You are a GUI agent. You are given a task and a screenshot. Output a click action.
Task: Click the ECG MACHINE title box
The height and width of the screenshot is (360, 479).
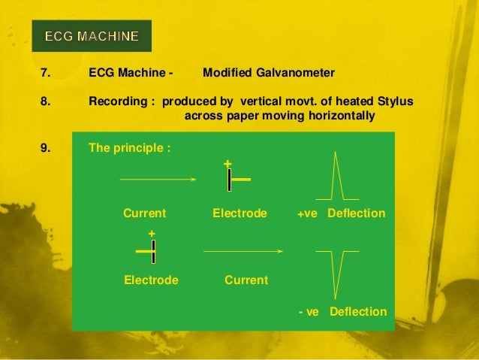pyautogui.click(x=92, y=36)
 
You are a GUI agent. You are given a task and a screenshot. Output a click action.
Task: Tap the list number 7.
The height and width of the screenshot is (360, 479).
pyautogui.click(x=45, y=73)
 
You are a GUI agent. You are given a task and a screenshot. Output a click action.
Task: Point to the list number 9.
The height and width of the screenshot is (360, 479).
pyautogui.click(x=45, y=147)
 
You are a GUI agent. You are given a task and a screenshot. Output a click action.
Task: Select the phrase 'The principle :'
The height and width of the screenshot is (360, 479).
pyautogui.click(x=130, y=147)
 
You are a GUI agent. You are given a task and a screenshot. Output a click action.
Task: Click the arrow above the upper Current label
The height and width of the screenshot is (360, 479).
pyautogui.click(x=158, y=180)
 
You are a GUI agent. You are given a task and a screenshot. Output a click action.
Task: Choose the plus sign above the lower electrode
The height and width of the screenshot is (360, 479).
pyautogui.click(x=152, y=234)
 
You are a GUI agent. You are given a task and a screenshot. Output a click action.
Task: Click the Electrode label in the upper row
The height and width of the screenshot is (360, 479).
pyautogui.click(x=239, y=213)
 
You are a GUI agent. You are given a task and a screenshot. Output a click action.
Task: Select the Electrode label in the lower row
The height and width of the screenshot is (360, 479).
pyautogui.click(x=151, y=280)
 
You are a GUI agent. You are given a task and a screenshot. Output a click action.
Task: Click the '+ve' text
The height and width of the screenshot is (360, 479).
pyautogui.click(x=308, y=214)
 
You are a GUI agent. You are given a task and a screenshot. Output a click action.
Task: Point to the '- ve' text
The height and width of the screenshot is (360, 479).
pyautogui.click(x=309, y=312)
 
